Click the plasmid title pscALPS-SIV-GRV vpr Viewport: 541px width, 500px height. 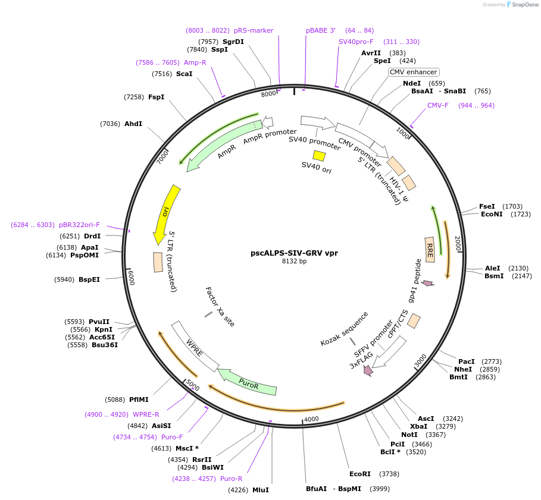(x=294, y=253)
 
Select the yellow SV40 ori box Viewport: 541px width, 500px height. (x=320, y=156)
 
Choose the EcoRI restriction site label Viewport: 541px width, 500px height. (x=360, y=474)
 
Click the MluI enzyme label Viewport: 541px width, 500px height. (x=261, y=490)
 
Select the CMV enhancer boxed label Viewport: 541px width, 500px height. (x=413, y=72)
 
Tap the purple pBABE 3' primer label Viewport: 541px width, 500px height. (x=321, y=30)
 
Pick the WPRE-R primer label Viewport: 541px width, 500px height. (x=146, y=414)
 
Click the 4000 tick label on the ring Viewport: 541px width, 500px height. (x=312, y=420)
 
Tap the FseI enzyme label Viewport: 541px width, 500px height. (x=487, y=206)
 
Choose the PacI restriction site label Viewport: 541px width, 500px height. (x=467, y=361)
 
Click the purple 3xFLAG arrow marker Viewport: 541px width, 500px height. (x=368, y=370)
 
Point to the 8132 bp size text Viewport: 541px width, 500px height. (x=294, y=261)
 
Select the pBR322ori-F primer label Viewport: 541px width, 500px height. (x=79, y=225)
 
